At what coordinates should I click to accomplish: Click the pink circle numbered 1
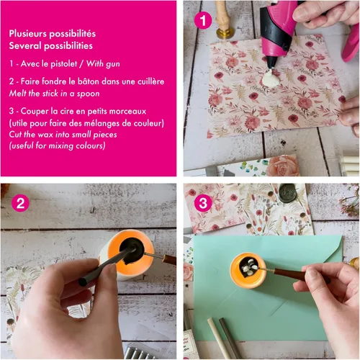(203, 20)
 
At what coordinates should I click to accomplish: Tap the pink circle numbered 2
(20, 203)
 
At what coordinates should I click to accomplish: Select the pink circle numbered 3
(203, 203)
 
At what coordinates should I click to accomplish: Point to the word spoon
(88, 94)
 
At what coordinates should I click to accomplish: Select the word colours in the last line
(89, 145)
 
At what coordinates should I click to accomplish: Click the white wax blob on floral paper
(271, 78)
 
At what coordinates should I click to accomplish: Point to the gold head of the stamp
(225, 33)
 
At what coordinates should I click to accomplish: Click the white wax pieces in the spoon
(250, 267)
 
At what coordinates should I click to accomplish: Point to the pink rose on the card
(283, 166)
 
